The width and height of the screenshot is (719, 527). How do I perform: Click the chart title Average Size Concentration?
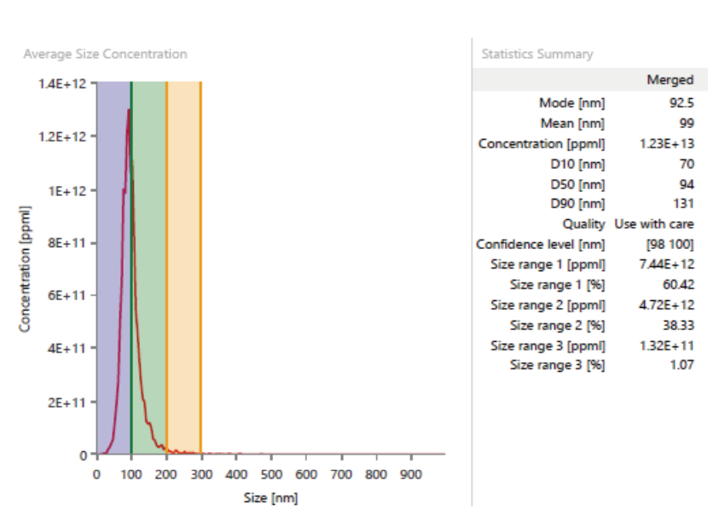(x=105, y=54)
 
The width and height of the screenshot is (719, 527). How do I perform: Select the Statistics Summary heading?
(x=536, y=54)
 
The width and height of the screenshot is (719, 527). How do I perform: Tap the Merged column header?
(x=670, y=80)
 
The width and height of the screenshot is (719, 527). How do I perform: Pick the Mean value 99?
(x=686, y=123)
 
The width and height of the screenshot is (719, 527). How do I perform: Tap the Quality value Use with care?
(x=654, y=224)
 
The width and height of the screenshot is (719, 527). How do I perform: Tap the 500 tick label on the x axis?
(x=271, y=474)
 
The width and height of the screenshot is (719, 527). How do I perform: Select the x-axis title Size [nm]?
(x=270, y=497)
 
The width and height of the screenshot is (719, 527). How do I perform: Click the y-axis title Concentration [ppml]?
(x=25, y=269)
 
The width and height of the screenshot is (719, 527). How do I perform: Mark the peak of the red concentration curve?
(x=129, y=109)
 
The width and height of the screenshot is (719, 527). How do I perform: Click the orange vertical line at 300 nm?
(x=200, y=256)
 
